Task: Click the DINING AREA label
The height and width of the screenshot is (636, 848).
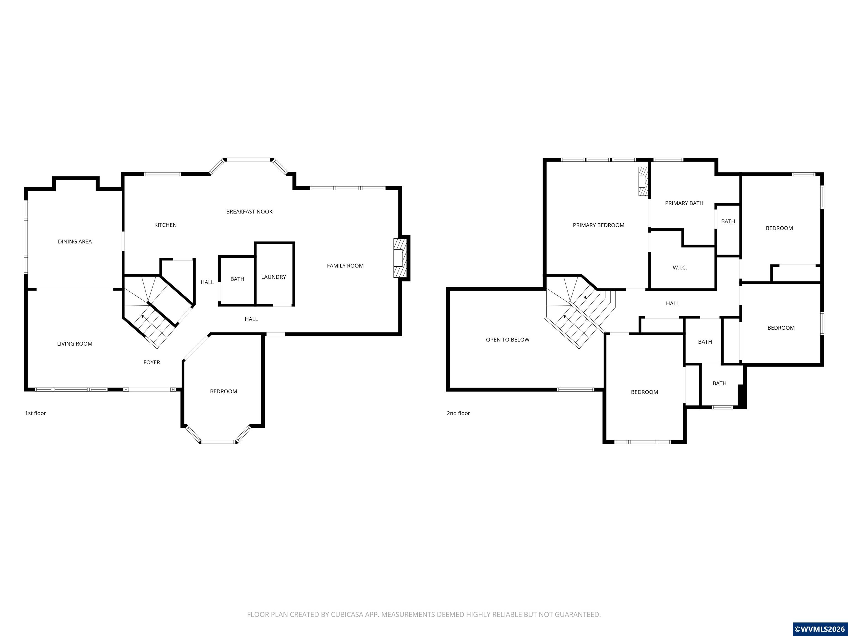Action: coord(75,242)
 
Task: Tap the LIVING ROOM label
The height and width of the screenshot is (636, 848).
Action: coord(75,344)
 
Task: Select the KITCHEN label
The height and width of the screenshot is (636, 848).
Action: coord(165,225)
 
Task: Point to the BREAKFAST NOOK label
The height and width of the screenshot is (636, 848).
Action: coord(249,212)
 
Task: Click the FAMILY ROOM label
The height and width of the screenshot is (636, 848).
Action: coord(345,266)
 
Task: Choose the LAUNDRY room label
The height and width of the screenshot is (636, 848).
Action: coord(273,277)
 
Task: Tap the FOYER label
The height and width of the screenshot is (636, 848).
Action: coord(152,362)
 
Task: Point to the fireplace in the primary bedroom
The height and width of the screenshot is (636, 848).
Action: coord(643,181)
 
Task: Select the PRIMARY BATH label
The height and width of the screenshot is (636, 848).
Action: coord(684,203)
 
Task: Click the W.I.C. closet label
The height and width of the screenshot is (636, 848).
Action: coord(680,267)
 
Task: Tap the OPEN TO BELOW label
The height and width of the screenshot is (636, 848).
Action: coord(508,340)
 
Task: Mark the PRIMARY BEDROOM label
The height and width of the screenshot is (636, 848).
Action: coord(598,226)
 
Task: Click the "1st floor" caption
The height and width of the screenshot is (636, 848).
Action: coord(35,413)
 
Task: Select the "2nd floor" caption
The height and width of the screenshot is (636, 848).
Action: coord(458,413)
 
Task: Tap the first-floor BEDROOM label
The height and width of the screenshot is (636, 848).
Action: coord(224,391)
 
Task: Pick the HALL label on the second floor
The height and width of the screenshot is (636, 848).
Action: coord(672,304)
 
